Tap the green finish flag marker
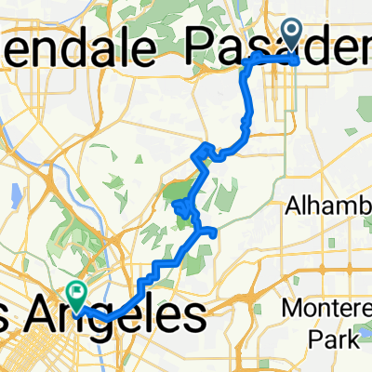[74, 294]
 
